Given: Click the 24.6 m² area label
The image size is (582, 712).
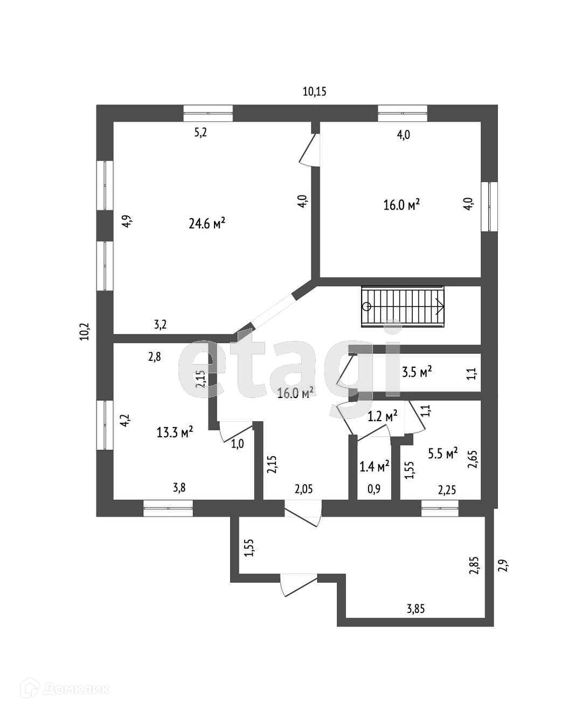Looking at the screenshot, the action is point(206,224).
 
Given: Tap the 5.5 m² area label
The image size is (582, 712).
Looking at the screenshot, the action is point(442,453).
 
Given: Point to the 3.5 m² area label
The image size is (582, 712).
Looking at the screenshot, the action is point(417,372).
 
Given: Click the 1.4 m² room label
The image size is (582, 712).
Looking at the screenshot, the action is point(375,466).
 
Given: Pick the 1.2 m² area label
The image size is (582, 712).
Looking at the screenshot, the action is point(382,416).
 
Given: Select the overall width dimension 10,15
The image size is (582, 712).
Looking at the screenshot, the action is point(315,92).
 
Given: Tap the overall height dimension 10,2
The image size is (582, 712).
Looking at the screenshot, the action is point(85,330).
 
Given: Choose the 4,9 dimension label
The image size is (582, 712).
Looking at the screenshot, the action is point(126,222).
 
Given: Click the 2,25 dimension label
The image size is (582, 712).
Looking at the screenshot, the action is point(447,490).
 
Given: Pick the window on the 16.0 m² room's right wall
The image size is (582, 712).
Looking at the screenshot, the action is point(491,207).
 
